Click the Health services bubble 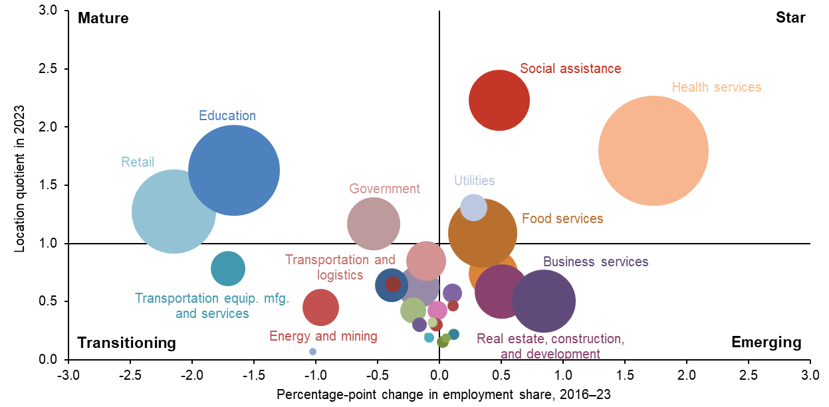point(653,151)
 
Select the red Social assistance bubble point(499,100)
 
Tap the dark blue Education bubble point(233,170)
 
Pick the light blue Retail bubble point(174,211)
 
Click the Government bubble point(374,223)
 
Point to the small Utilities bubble point(473,207)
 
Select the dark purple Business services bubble point(544,301)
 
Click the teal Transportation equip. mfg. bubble point(228,269)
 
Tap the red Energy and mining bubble point(320,307)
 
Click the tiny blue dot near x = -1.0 point(312,351)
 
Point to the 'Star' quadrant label point(790,18)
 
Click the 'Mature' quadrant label point(103,18)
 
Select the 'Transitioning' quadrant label point(126,343)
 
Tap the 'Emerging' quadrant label point(766,343)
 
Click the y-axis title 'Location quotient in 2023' point(20,179)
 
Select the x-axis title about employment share point(439,394)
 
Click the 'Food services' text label point(562,218)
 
